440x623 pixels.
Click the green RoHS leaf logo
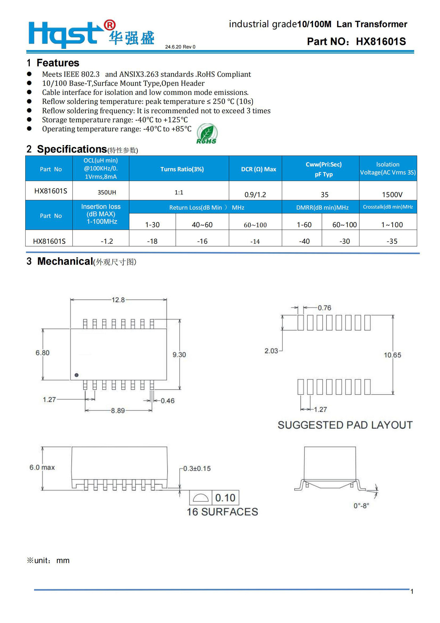click(x=207, y=133)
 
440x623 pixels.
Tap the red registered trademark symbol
click(x=109, y=25)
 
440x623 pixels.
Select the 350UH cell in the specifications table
click(x=107, y=192)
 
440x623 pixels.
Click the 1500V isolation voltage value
click(x=392, y=194)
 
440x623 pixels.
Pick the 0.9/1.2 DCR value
click(x=255, y=194)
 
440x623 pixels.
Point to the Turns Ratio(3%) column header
click(x=182, y=169)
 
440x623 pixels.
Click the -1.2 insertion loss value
click(x=107, y=241)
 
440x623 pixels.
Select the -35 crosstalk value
click(x=392, y=241)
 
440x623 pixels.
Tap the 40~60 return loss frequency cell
click(x=202, y=225)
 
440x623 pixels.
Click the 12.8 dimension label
click(x=118, y=300)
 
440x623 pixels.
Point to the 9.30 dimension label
click(x=179, y=355)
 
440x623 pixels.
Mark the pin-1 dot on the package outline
click(x=77, y=375)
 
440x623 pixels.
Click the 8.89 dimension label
click(x=118, y=410)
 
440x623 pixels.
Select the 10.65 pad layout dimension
click(x=392, y=355)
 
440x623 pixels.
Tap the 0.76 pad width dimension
click(x=324, y=308)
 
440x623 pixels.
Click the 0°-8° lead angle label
click(x=361, y=506)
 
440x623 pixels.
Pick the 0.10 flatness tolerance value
click(x=225, y=498)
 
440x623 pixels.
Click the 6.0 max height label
click(x=42, y=467)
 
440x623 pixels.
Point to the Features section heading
click(x=58, y=63)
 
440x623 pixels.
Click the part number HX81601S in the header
click(x=381, y=42)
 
